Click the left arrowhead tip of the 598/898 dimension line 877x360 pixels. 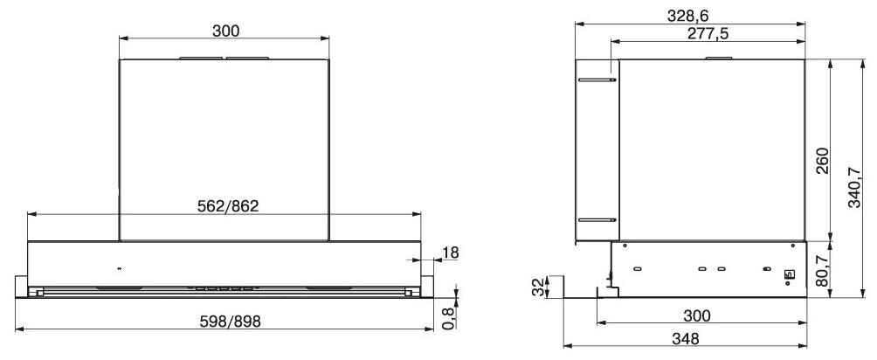[x=15, y=329]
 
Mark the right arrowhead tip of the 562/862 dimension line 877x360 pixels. [x=421, y=214]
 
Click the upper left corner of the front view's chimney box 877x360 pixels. [x=120, y=59]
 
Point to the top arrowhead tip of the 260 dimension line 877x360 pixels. [x=831, y=59]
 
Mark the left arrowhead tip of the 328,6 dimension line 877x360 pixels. [x=576, y=24]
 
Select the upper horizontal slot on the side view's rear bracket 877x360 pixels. [x=597, y=80]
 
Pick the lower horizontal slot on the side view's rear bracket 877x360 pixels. [x=597, y=219]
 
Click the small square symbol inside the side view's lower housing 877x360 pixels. [x=789, y=275]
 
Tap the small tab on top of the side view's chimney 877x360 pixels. [x=719, y=58]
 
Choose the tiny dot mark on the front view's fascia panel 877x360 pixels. [x=119, y=269]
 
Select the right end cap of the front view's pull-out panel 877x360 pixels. [x=427, y=284]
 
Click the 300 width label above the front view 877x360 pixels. [x=225, y=31]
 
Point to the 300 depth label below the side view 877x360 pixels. [x=697, y=316]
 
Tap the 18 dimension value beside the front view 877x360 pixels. [x=450, y=253]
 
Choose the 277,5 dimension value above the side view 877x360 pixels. [x=707, y=33]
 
